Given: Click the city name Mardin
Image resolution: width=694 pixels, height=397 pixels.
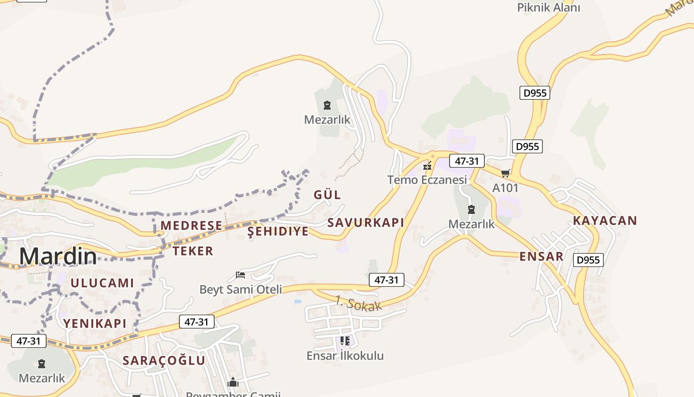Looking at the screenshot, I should coord(58,256).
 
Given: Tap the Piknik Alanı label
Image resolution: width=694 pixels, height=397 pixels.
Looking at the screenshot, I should coord(548,7).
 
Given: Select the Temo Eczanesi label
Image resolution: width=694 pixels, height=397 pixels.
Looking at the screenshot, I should coord(427,180).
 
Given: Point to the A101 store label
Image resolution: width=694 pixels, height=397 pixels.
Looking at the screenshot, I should coord(505,188).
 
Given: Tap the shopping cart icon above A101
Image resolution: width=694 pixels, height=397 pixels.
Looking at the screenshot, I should coord(505,173).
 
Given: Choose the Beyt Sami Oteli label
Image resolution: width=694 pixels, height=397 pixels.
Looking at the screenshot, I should coord(240,289).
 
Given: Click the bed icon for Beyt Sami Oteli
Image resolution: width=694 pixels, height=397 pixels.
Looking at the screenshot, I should coord(240,274).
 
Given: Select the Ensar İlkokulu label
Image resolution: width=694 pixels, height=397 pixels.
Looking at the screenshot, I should coord(345,356).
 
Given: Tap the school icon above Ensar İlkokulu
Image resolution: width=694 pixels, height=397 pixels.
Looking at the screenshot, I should coord(345,341).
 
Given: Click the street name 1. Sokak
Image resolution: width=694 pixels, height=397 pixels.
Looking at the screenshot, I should coord(359,303).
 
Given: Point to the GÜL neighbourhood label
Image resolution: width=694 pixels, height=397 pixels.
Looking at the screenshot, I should coord(327,195).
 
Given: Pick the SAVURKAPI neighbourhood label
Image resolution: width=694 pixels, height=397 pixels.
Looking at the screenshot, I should coord(366,223).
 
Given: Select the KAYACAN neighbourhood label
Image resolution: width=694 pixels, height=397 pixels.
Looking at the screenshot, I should coord(605,221).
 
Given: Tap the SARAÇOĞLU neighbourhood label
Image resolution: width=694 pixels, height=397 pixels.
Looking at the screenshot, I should coord(164,361).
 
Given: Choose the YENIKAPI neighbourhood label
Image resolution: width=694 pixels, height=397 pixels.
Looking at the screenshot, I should coord(95,324).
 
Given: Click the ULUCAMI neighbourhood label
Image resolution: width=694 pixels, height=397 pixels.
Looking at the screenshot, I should coord(102,283).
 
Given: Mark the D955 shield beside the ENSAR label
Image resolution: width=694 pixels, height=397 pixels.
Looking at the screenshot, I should coord(588,260).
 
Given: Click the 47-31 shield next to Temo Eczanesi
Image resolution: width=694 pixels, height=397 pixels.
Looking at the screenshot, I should coord(466,161).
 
